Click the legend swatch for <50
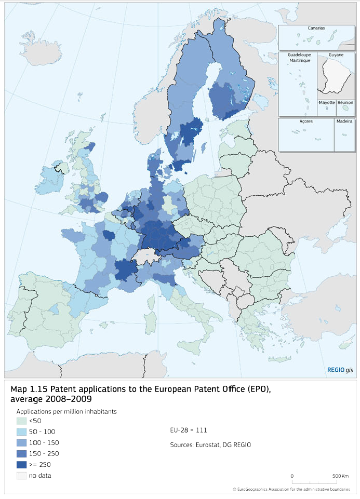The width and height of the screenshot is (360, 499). coord(21,421)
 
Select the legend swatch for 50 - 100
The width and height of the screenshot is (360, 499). coord(21,431)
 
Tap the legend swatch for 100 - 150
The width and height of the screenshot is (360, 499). coord(21,442)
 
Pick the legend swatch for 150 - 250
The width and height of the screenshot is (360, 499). coord(21,453)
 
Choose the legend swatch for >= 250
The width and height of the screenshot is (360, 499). coord(21,464)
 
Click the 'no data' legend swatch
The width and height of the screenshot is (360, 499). coord(21,475)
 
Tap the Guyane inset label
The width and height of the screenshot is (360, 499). coord(336,55)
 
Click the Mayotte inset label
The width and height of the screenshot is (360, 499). coord(326,103)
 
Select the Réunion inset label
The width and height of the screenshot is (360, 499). coord(345,103)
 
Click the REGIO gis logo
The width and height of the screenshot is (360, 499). coord(340,370)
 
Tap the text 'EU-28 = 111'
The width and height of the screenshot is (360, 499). coord(189,430)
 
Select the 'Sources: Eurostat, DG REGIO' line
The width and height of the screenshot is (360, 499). coord(210,445)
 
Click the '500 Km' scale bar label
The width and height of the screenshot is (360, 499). coord(341,476)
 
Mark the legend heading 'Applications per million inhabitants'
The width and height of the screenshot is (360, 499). coord(66,411)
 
